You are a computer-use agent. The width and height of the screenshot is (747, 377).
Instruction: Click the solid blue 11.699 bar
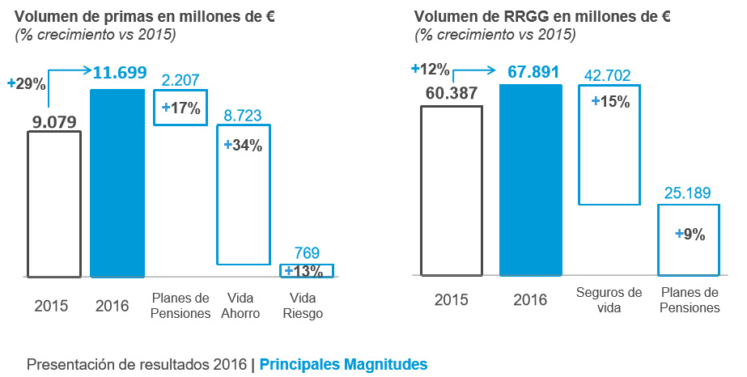click(118, 183)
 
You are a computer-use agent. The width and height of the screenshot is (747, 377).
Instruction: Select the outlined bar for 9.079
click(54, 204)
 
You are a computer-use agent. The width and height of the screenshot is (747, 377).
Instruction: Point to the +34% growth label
click(244, 146)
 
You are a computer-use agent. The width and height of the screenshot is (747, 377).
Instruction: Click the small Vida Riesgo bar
click(307, 270)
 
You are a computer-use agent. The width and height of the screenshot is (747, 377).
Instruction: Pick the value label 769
click(307, 252)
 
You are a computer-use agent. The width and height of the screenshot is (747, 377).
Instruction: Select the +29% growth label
click(26, 83)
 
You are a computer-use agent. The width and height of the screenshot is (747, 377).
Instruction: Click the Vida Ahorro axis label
click(244, 306)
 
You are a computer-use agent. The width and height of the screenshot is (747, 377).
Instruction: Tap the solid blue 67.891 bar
click(531, 180)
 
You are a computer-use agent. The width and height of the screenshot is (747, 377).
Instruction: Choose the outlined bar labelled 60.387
click(452, 191)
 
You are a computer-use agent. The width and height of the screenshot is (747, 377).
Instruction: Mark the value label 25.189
click(689, 193)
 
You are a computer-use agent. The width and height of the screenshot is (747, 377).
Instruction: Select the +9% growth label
click(690, 235)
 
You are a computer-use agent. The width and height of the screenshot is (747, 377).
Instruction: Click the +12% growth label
click(430, 69)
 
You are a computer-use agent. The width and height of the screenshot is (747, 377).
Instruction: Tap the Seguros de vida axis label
click(609, 299)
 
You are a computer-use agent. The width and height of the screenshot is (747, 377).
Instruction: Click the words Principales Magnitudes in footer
click(343, 365)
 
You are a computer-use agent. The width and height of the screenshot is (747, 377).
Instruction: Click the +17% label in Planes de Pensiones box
click(181, 108)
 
